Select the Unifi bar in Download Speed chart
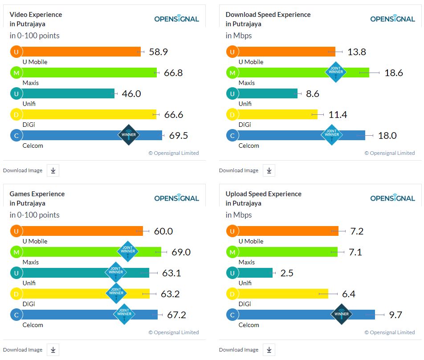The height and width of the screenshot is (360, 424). click(267, 93)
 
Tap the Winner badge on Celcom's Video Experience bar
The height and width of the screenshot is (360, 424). click(129, 135)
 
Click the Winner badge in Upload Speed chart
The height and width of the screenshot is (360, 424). click(342, 314)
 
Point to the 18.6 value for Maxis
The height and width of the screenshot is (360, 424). click(394, 73)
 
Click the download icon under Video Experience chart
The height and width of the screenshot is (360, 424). click(53, 170)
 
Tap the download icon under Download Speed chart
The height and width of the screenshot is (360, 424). click(269, 170)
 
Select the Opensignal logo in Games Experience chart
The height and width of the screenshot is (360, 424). click(176, 198)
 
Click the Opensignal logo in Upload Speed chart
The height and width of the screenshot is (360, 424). click(392, 198)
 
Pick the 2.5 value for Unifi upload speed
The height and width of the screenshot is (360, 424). click(287, 273)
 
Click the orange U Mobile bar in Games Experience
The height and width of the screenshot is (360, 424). click(80, 231)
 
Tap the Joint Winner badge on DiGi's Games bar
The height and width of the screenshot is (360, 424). click(116, 293)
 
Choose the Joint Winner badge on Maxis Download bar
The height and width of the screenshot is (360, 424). click(336, 72)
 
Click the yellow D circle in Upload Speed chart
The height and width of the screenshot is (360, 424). click(232, 294)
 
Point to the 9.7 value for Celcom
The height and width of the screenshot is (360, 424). click(395, 315)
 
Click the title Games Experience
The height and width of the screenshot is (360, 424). click(37, 194)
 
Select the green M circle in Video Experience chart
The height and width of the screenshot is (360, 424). click(16, 73)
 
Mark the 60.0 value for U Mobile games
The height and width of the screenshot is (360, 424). click(163, 231)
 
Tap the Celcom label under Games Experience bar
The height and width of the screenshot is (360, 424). click(33, 325)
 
